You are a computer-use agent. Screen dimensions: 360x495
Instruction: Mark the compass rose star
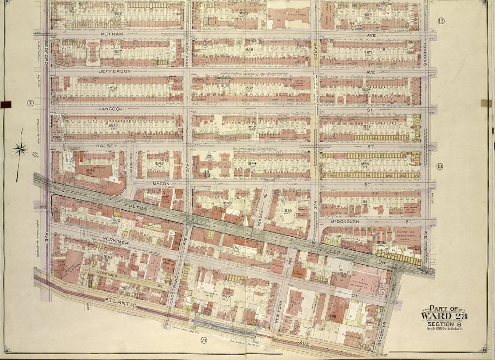[x=20, y=149]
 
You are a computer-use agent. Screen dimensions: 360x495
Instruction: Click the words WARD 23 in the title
[x=443, y=317]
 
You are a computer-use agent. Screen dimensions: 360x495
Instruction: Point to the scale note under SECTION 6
[x=443, y=329]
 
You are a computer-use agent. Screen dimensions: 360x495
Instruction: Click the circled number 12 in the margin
[x=440, y=20]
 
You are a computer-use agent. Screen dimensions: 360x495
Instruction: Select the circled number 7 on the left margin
[x=30, y=103]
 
